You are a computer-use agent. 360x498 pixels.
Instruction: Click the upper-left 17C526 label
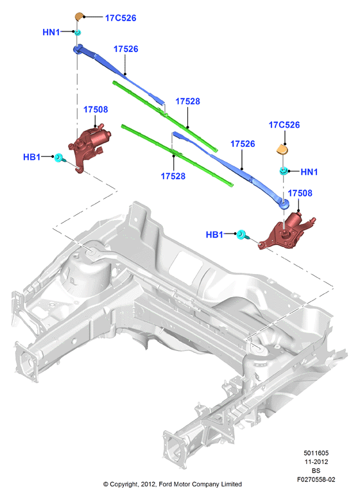[121, 18]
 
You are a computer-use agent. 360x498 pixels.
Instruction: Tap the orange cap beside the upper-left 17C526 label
[79, 16]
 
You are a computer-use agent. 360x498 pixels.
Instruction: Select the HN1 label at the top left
[51, 32]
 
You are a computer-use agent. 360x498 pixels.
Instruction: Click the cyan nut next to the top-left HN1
[78, 32]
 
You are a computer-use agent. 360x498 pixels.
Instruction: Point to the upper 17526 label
[126, 49]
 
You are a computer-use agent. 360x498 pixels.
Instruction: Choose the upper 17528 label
[187, 101]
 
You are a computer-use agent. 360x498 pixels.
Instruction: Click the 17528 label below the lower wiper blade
[173, 176]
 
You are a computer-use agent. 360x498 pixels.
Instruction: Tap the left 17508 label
[96, 110]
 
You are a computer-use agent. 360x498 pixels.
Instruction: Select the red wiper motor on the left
[89, 146]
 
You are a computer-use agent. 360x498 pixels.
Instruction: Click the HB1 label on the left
[31, 157]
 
